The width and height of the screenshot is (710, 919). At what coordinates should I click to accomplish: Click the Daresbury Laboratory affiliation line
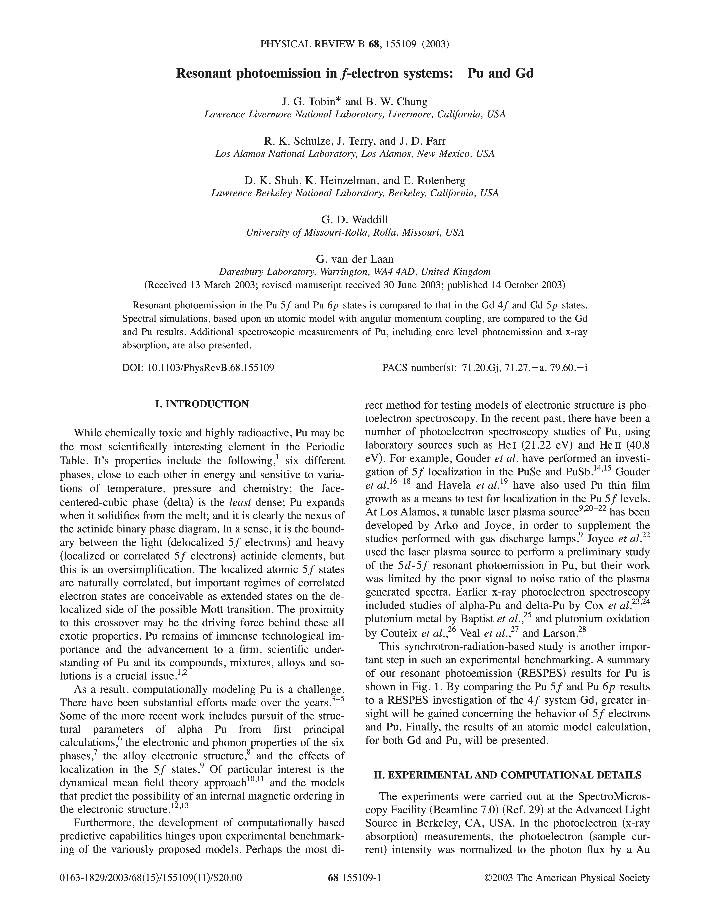point(355,271)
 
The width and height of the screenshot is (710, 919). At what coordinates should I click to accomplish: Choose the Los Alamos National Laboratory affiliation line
point(355,154)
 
